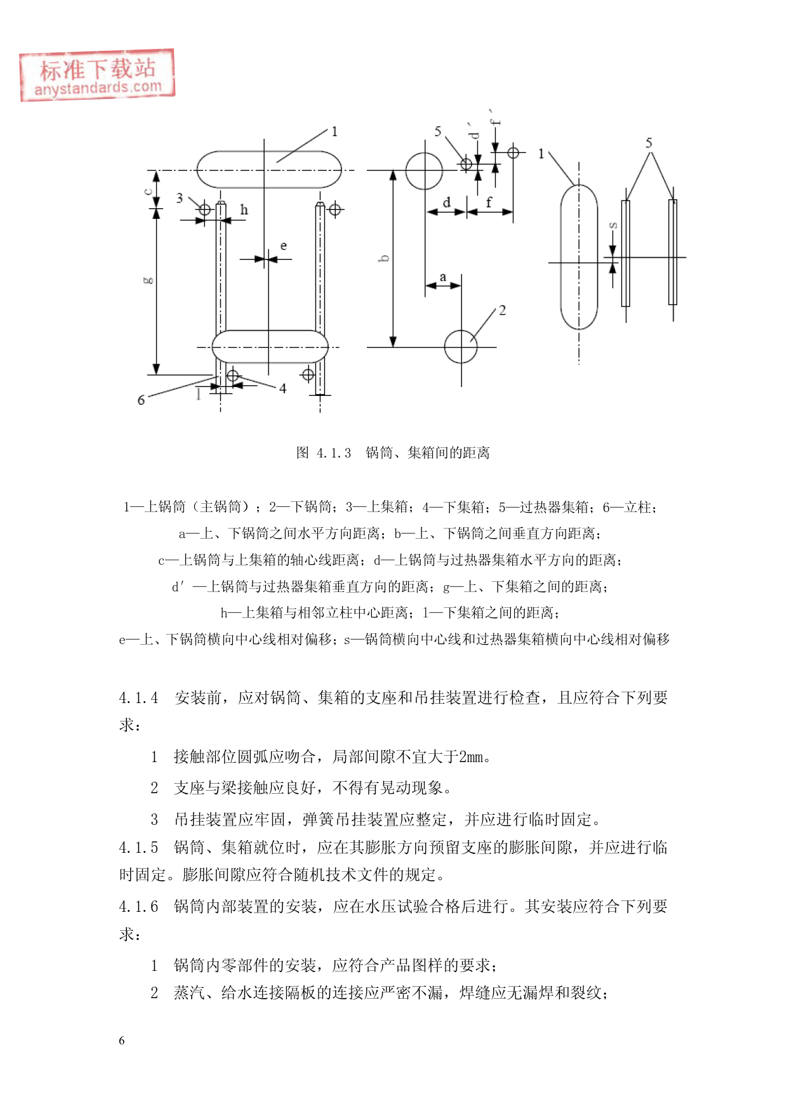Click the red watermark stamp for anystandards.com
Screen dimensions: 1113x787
96,76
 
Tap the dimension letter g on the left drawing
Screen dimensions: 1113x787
148,280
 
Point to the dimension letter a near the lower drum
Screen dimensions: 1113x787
443,277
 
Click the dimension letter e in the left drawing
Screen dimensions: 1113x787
284,246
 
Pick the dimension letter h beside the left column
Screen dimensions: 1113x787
244,210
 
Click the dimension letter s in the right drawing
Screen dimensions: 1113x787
613,225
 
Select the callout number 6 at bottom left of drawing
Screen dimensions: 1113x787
141,400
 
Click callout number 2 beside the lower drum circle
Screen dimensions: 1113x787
502,310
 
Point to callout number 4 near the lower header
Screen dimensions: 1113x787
282,388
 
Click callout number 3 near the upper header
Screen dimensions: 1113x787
180,198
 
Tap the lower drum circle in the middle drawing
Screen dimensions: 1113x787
461,346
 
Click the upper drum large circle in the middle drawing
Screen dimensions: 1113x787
424,171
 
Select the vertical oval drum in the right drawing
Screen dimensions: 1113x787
579,257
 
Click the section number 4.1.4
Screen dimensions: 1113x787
138,698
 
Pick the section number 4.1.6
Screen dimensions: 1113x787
138,907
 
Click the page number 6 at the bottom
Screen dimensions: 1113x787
122,1041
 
